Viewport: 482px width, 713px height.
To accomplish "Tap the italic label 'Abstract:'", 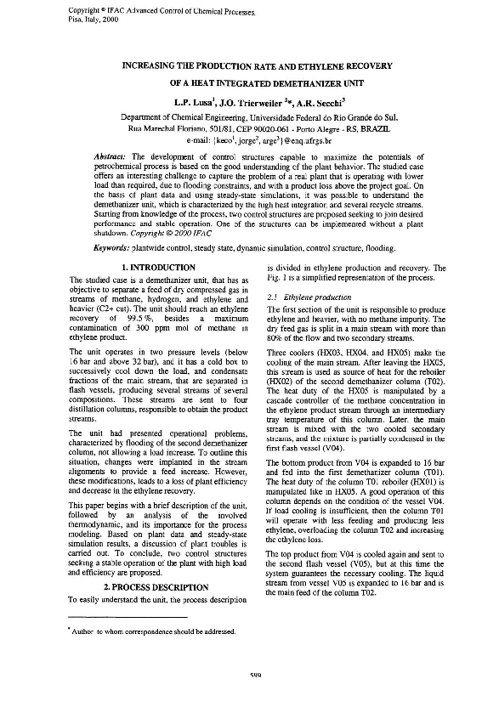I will coord(111,159).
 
